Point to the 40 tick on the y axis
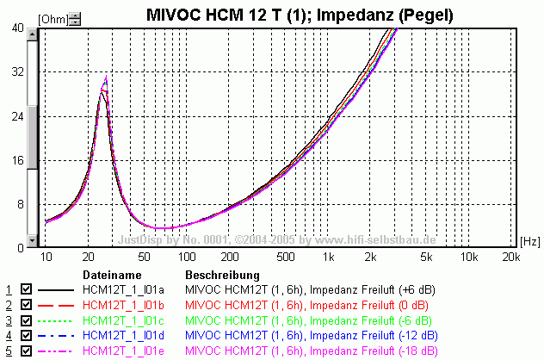[x=18, y=28]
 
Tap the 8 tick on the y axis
[x=21, y=204]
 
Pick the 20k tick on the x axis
[x=510, y=258]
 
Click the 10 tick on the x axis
[x=46, y=258]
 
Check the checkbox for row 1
[x=26, y=289]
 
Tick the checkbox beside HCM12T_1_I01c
[x=26, y=320]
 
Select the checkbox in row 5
[x=26, y=351]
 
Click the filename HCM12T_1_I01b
[x=121, y=305]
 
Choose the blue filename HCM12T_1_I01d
[x=121, y=336]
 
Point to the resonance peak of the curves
[x=105, y=80]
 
